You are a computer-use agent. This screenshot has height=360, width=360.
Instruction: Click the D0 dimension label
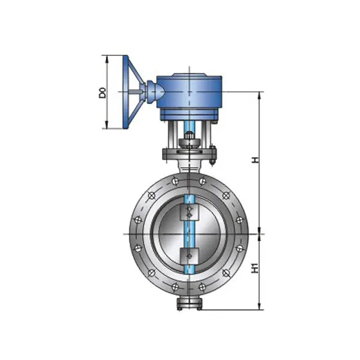pos(103,93)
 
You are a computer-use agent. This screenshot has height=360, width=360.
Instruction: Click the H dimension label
pos(255,160)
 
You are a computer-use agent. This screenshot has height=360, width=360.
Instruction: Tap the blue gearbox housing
pos(189,92)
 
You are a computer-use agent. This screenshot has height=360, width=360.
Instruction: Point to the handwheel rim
pos(125,92)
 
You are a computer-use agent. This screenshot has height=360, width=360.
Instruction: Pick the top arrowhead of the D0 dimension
pos(107,59)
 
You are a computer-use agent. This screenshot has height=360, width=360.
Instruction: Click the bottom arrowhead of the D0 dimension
pos(107,125)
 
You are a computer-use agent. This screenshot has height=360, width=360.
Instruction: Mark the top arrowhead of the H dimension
pos(260,95)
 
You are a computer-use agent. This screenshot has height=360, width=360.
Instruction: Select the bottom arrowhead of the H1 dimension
pos(260,306)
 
